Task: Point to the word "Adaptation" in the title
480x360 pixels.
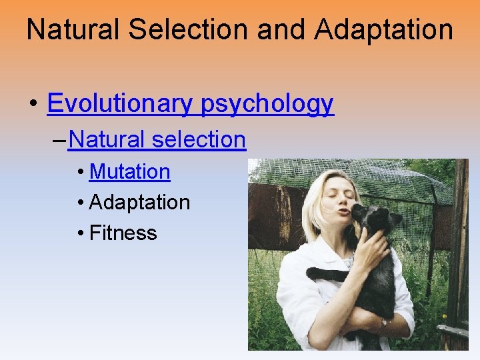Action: point(385,30)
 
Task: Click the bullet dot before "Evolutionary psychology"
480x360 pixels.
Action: point(33,104)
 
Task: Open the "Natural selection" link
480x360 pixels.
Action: point(157,139)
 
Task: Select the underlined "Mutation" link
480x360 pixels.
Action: point(129,171)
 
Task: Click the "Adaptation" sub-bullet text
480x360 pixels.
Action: point(139,202)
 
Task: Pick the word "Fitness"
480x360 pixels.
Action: point(123,233)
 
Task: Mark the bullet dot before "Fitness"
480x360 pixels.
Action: point(80,233)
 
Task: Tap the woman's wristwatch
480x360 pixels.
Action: point(383,323)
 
